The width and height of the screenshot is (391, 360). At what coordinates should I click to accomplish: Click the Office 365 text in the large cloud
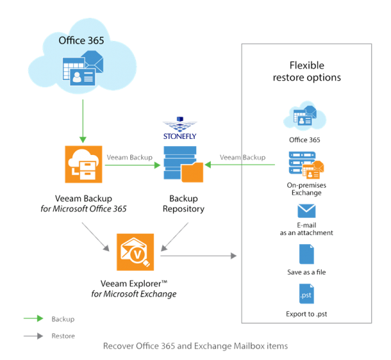[81, 40]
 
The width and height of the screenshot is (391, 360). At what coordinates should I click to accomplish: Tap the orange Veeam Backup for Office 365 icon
[83, 165]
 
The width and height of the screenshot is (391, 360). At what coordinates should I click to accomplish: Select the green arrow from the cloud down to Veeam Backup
[82, 121]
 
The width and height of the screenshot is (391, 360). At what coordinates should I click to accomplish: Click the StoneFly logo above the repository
[180, 128]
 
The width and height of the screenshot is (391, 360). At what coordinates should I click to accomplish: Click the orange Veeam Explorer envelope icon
[135, 252]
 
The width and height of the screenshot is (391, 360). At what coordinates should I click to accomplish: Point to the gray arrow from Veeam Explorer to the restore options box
[198, 256]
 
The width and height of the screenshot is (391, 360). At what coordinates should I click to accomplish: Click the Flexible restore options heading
[306, 71]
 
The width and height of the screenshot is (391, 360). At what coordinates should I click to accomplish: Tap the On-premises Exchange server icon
[306, 166]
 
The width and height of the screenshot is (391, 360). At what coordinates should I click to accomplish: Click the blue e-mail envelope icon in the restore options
[306, 211]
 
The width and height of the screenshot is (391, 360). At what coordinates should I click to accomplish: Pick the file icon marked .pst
[306, 293]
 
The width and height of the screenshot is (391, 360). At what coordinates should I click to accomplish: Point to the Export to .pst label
[306, 314]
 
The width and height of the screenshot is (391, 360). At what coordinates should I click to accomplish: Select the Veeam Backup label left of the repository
[124, 158]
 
